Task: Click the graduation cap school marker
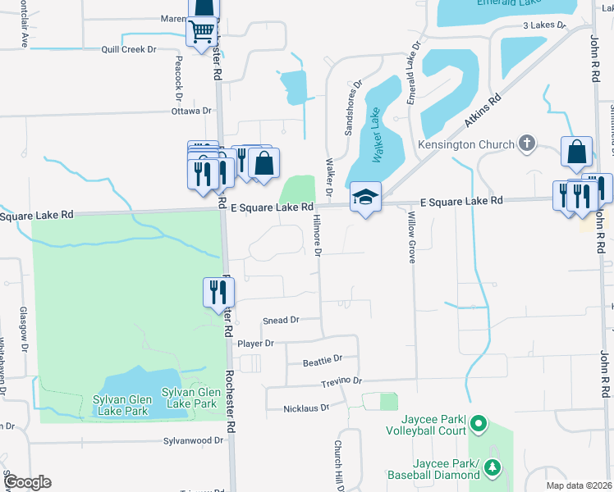(x=366, y=197)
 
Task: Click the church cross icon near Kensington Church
(x=527, y=144)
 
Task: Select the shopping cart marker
(x=201, y=33)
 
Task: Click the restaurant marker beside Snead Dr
(x=219, y=293)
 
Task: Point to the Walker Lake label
(x=373, y=134)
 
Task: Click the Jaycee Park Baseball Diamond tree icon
(x=492, y=467)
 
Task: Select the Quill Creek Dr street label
(x=128, y=49)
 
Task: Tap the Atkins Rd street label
(x=483, y=110)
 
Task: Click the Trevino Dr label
(x=341, y=382)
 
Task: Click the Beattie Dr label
(x=322, y=359)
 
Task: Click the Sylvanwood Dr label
(x=194, y=440)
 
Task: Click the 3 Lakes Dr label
(x=545, y=25)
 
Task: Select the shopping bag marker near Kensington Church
(x=577, y=152)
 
